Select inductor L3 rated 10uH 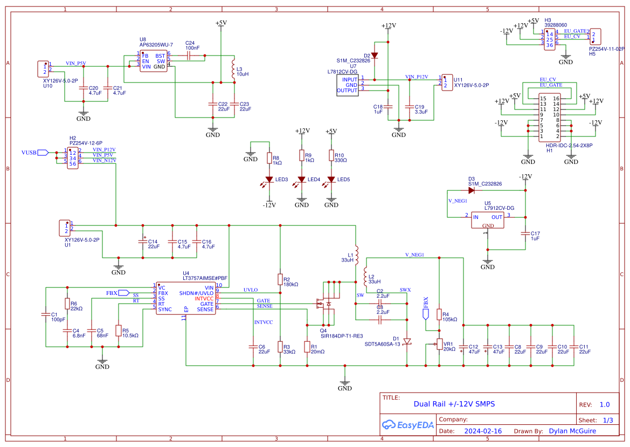click(x=233, y=73)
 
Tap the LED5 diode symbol click(x=331, y=180)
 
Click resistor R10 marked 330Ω click(x=331, y=156)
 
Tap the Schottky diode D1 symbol click(x=407, y=341)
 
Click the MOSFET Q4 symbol click(x=327, y=304)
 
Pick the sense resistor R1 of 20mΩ click(x=307, y=346)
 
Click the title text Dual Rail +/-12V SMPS click(x=454, y=404)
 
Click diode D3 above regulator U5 click(x=471, y=190)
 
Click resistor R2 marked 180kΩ click(x=280, y=279)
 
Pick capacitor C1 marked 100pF click(x=46, y=314)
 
